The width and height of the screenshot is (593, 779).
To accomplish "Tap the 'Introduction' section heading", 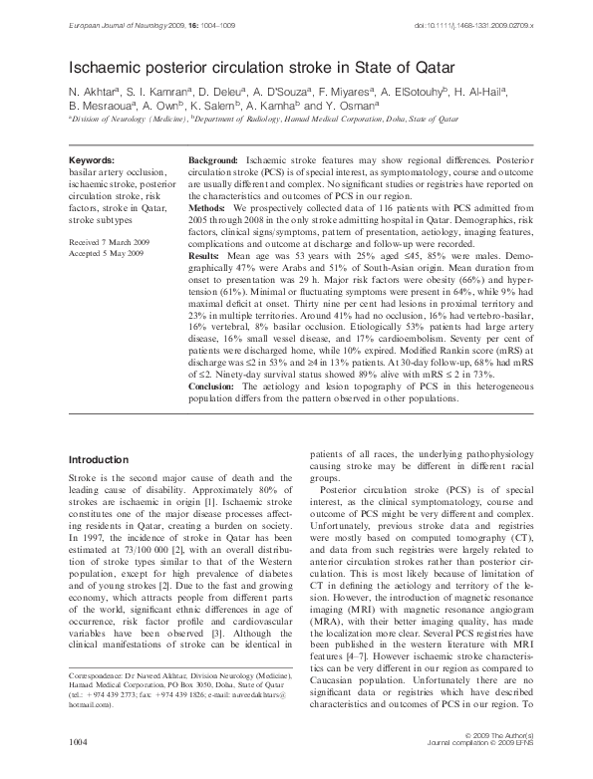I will (x=97, y=459).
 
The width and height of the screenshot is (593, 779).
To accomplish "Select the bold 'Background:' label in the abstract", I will (x=213, y=160).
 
